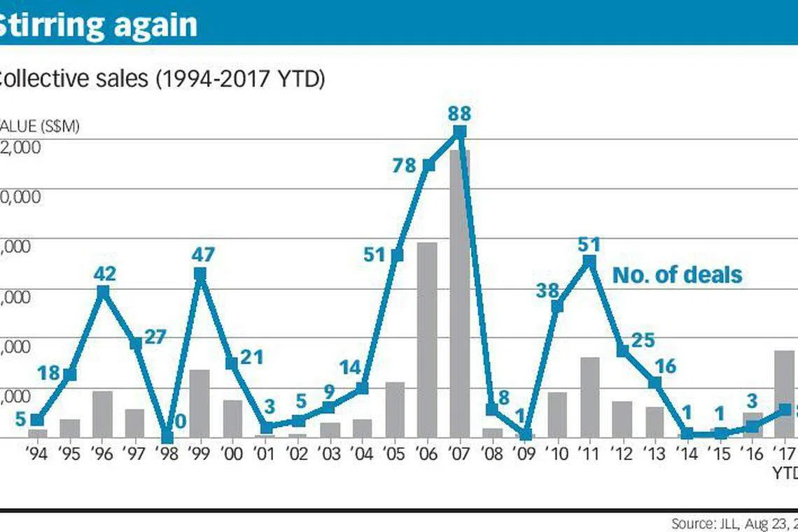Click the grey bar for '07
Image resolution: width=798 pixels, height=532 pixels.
pos(460,294)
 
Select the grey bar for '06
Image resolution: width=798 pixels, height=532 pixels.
pos(427,339)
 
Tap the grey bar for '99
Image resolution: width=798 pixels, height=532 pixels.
pos(199,403)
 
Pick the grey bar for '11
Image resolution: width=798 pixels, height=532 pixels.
pos(590,397)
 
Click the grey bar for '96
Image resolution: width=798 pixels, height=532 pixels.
pos(103,414)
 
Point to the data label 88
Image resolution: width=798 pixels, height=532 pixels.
pos(459,113)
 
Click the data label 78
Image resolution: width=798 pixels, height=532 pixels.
pos(404,165)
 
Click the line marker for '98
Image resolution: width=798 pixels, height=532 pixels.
pos(167,436)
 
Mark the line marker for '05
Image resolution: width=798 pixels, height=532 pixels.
pos(398,255)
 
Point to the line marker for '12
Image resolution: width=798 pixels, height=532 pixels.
pos(622,350)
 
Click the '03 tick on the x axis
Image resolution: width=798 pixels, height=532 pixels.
pos(330,454)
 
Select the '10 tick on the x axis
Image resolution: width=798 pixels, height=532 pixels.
pos(557,454)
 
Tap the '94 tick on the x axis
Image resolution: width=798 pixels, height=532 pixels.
pos(38,454)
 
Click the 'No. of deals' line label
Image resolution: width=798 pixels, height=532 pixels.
pos(677,275)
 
